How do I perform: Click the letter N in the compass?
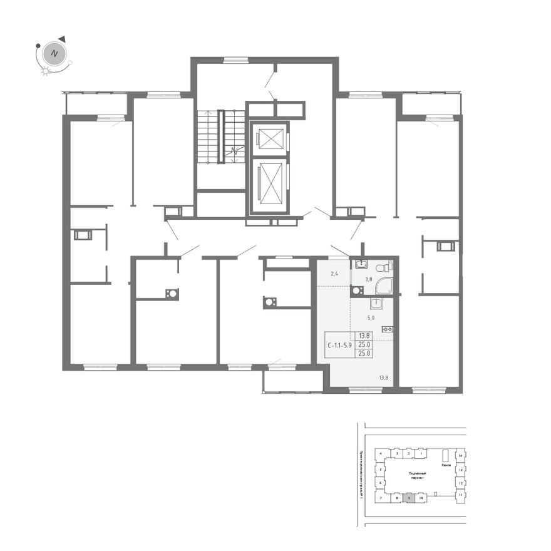point(55,53)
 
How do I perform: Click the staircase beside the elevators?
point(220,136)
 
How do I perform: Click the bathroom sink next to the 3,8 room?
point(357,291)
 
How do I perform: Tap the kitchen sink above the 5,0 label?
point(376,305)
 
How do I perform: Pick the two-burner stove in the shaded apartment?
point(387,329)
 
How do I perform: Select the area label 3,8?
point(369,279)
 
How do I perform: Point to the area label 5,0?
point(370,317)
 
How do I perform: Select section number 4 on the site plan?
point(381,453)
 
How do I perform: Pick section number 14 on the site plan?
point(460,455)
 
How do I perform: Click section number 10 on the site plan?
point(421,499)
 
